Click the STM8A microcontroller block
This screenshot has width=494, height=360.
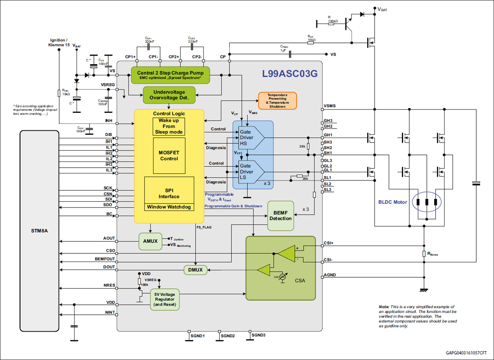[40, 231]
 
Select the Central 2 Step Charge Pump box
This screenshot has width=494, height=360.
[170, 75]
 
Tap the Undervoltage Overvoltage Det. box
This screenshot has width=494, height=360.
[168, 95]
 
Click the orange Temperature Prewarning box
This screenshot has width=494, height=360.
[277, 100]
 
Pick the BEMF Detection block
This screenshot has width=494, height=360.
[281, 215]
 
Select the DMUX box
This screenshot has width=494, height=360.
[195, 270]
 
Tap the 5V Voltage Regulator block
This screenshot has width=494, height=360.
[165, 299]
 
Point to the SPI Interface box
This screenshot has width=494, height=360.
[169, 193]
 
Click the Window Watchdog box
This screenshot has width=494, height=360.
[169, 207]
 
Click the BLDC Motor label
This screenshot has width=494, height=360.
[393, 202]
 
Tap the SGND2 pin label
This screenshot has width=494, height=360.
[228, 336]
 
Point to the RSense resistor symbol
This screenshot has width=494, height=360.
[424, 254]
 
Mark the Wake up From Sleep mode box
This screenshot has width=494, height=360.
[169, 126]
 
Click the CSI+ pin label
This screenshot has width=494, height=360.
[329, 243]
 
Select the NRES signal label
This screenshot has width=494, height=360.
[110, 285]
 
